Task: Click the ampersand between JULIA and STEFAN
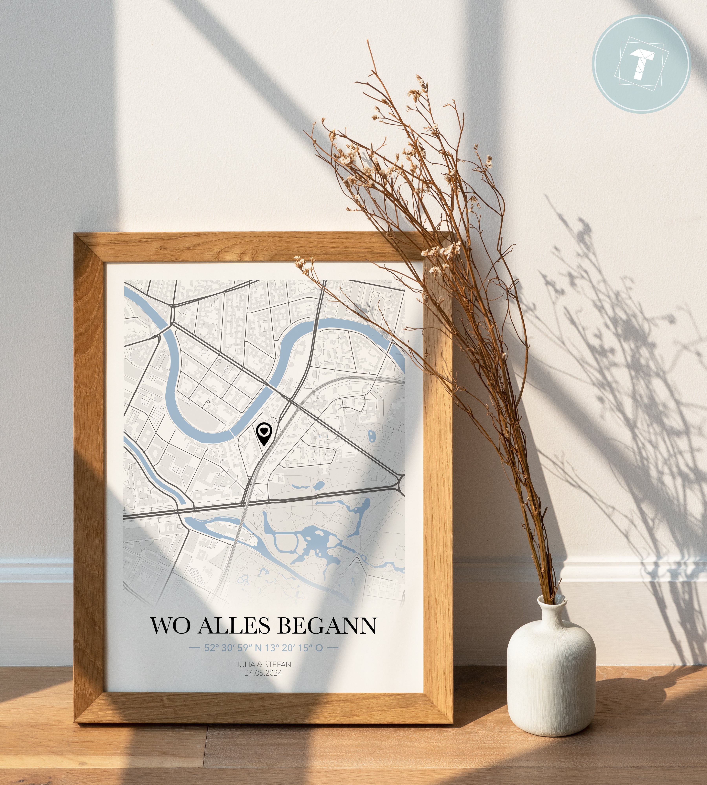pos(259,664)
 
